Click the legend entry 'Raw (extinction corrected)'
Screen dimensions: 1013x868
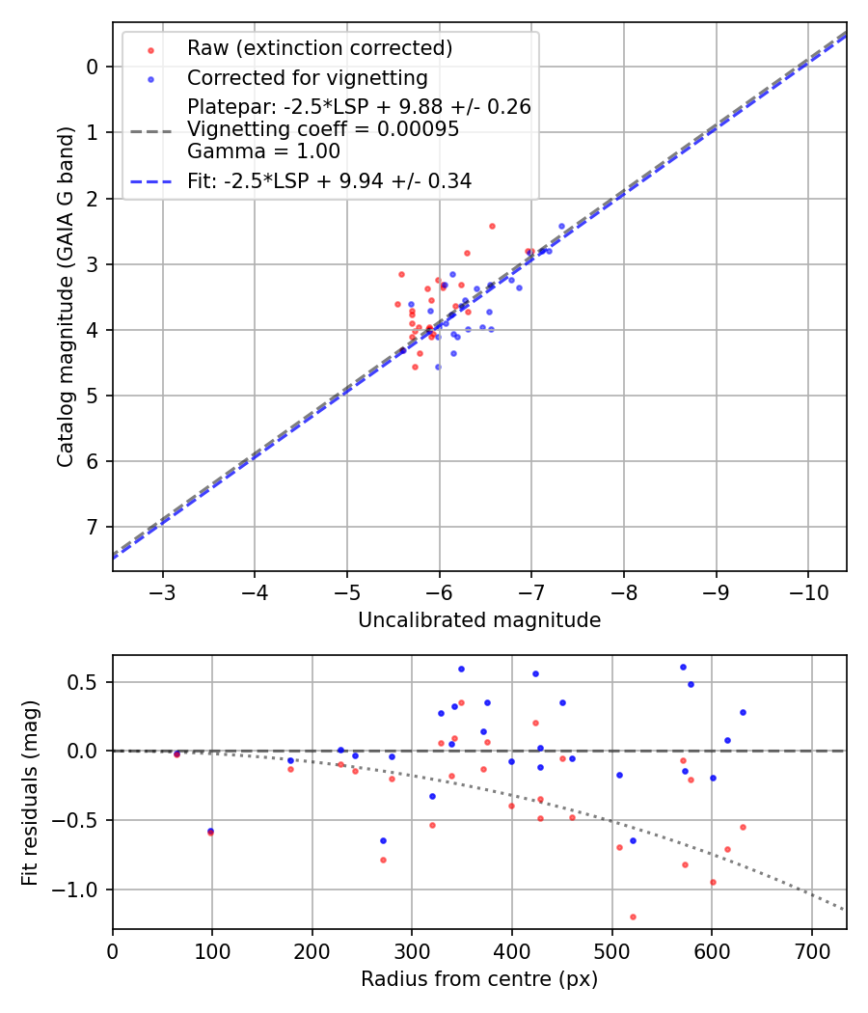319,48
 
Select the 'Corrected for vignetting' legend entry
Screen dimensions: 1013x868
307,78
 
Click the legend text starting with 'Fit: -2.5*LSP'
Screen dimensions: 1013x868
329,180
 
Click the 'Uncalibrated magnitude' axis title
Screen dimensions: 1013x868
479,620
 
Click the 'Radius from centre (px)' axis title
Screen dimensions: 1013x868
479,979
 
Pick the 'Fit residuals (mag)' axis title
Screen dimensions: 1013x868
30,792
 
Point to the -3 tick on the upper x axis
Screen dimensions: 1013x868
163,589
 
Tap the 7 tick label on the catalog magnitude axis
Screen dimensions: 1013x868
94,527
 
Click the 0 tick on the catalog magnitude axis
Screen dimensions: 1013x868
94,67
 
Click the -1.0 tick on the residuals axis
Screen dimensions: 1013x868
83,890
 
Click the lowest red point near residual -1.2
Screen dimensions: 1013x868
633,917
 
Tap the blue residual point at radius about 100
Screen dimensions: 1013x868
210,830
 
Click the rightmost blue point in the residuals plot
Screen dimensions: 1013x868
743,712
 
